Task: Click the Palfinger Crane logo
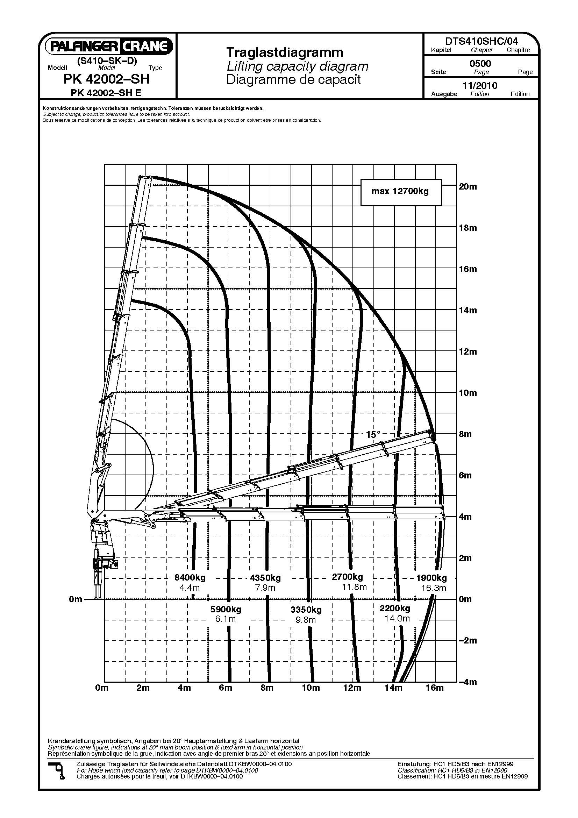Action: coord(109,46)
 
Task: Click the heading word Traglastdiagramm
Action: coord(285,53)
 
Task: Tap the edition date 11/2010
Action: coord(480,85)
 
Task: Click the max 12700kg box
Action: coord(401,192)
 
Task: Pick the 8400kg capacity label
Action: coord(190,577)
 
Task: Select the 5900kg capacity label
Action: coord(226,609)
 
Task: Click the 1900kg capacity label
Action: coord(431,578)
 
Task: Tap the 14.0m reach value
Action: coord(397,619)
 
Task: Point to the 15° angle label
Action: coord(373,434)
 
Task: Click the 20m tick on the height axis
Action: coord(468,186)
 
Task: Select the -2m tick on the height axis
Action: coord(468,641)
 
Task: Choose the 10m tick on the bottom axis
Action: coord(311,688)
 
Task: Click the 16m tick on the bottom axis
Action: coord(435,688)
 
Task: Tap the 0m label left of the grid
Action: coord(76,599)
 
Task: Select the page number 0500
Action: coord(480,64)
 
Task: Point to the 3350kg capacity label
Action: coord(306,610)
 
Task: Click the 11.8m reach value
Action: coord(354,587)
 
